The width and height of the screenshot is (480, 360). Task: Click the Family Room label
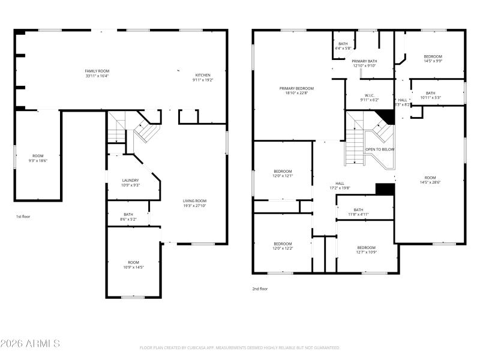coord(97,71)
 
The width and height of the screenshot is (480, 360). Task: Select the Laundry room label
coord(130,180)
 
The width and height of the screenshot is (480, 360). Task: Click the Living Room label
coord(194,201)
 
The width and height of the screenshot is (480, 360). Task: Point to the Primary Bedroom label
coord(296,88)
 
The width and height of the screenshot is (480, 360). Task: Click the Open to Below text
coord(380,149)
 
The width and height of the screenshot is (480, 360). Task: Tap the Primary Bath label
coord(364,61)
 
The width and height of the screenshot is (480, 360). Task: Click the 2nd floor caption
coord(260,289)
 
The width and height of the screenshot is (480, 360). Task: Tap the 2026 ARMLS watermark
coord(30,344)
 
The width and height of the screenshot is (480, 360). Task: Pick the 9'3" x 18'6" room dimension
coord(38,161)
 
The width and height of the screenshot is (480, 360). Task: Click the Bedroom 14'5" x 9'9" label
coord(433,61)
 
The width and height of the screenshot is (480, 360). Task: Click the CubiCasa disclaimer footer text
coord(239,348)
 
